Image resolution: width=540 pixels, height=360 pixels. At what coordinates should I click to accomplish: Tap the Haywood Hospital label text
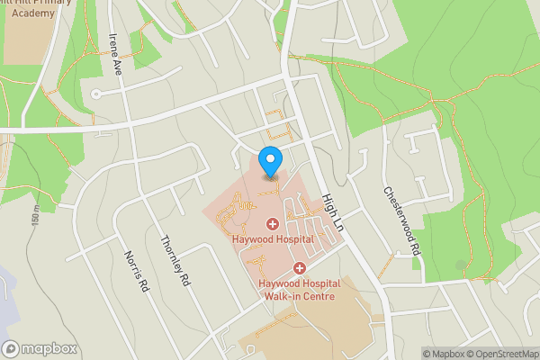click(272, 240)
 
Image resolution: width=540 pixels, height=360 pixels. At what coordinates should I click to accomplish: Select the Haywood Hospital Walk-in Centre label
click(296, 290)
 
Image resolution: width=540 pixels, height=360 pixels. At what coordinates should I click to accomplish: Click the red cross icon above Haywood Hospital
click(272, 223)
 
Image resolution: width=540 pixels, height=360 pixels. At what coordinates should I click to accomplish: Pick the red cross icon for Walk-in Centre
click(300, 267)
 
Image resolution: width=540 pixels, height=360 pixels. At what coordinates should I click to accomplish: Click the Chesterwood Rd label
click(401, 221)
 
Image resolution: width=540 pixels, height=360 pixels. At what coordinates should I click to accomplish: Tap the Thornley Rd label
click(175, 260)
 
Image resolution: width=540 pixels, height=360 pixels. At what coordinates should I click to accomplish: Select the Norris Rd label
click(136, 271)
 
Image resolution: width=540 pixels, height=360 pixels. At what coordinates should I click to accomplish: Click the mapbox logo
click(40, 348)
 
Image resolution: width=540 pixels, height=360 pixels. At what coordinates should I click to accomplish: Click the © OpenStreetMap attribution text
click(504, 353)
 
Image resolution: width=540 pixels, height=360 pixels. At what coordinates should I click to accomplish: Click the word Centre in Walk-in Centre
click(317, 296)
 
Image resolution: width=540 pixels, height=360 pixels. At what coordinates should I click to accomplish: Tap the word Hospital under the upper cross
click(292, 240)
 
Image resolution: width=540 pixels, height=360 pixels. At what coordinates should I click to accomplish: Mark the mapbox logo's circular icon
click(11, 348)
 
